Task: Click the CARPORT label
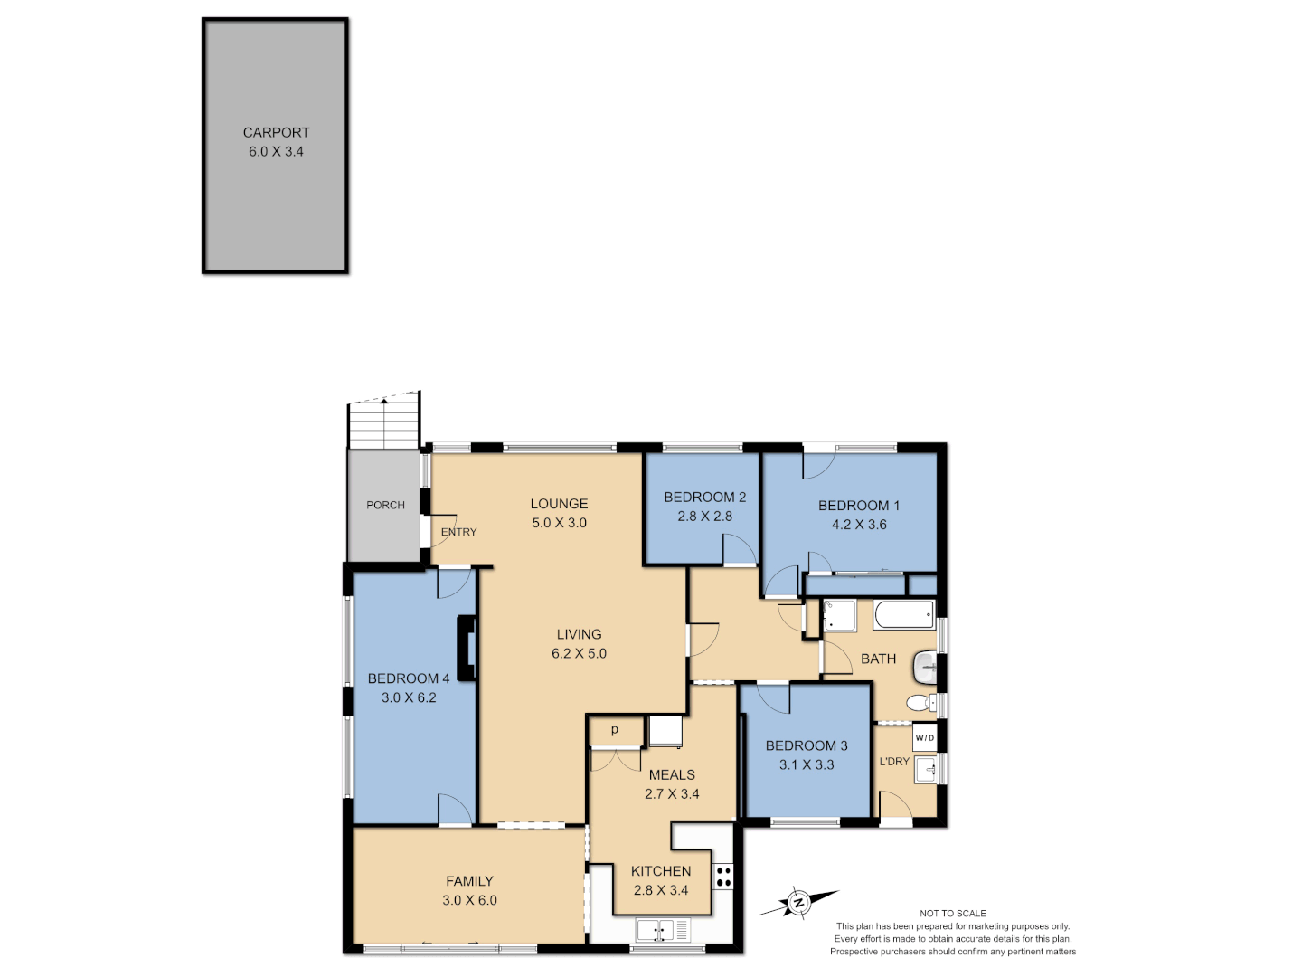pos(276,132)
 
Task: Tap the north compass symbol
pos(798,902)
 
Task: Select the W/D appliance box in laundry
pos(924,738)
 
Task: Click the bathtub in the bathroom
pos(903,616)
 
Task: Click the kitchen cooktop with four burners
pos(723,877)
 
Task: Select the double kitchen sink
pos(662,929)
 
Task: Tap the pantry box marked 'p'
pos(616,730)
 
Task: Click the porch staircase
pos(384,423)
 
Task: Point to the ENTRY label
pos(458,532)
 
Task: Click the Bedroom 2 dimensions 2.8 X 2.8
pos(704,517)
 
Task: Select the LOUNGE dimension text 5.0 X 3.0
pos(559,523)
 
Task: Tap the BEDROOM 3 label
pos(807,745)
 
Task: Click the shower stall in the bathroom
pos(839,616)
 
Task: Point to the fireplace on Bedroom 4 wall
pos(467,648)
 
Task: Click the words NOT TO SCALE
pos(953,914)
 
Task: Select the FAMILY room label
pos(469,881)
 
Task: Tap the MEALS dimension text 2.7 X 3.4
pos(672,794)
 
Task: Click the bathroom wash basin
pos(926,668)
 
